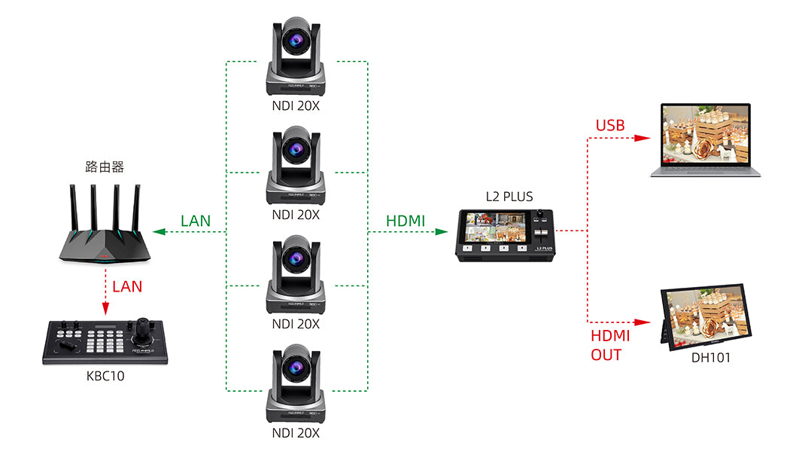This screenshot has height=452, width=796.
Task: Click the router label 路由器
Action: coord(104,165)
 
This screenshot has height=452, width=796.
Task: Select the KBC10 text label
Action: coord(105,376)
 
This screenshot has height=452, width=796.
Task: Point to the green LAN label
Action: coord(196,221)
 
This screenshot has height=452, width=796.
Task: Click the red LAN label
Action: coord(127,286)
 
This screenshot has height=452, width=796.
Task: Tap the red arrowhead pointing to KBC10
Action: coord(105,309)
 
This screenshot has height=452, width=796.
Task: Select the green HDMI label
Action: coord(406,221)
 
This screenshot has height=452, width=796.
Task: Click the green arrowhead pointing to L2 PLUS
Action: coord(442,232)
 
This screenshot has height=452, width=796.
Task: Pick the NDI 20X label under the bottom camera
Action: coord(296,433)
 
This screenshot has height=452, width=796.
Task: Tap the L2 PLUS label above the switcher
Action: coord(509,197)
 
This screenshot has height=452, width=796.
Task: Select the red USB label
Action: coord(610,126)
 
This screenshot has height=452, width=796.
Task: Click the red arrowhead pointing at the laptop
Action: coord(642,139)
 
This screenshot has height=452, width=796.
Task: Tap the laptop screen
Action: coord(706,134)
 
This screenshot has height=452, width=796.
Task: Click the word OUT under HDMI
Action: coord(606,354)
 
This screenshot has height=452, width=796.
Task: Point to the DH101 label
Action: coord(711,358)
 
